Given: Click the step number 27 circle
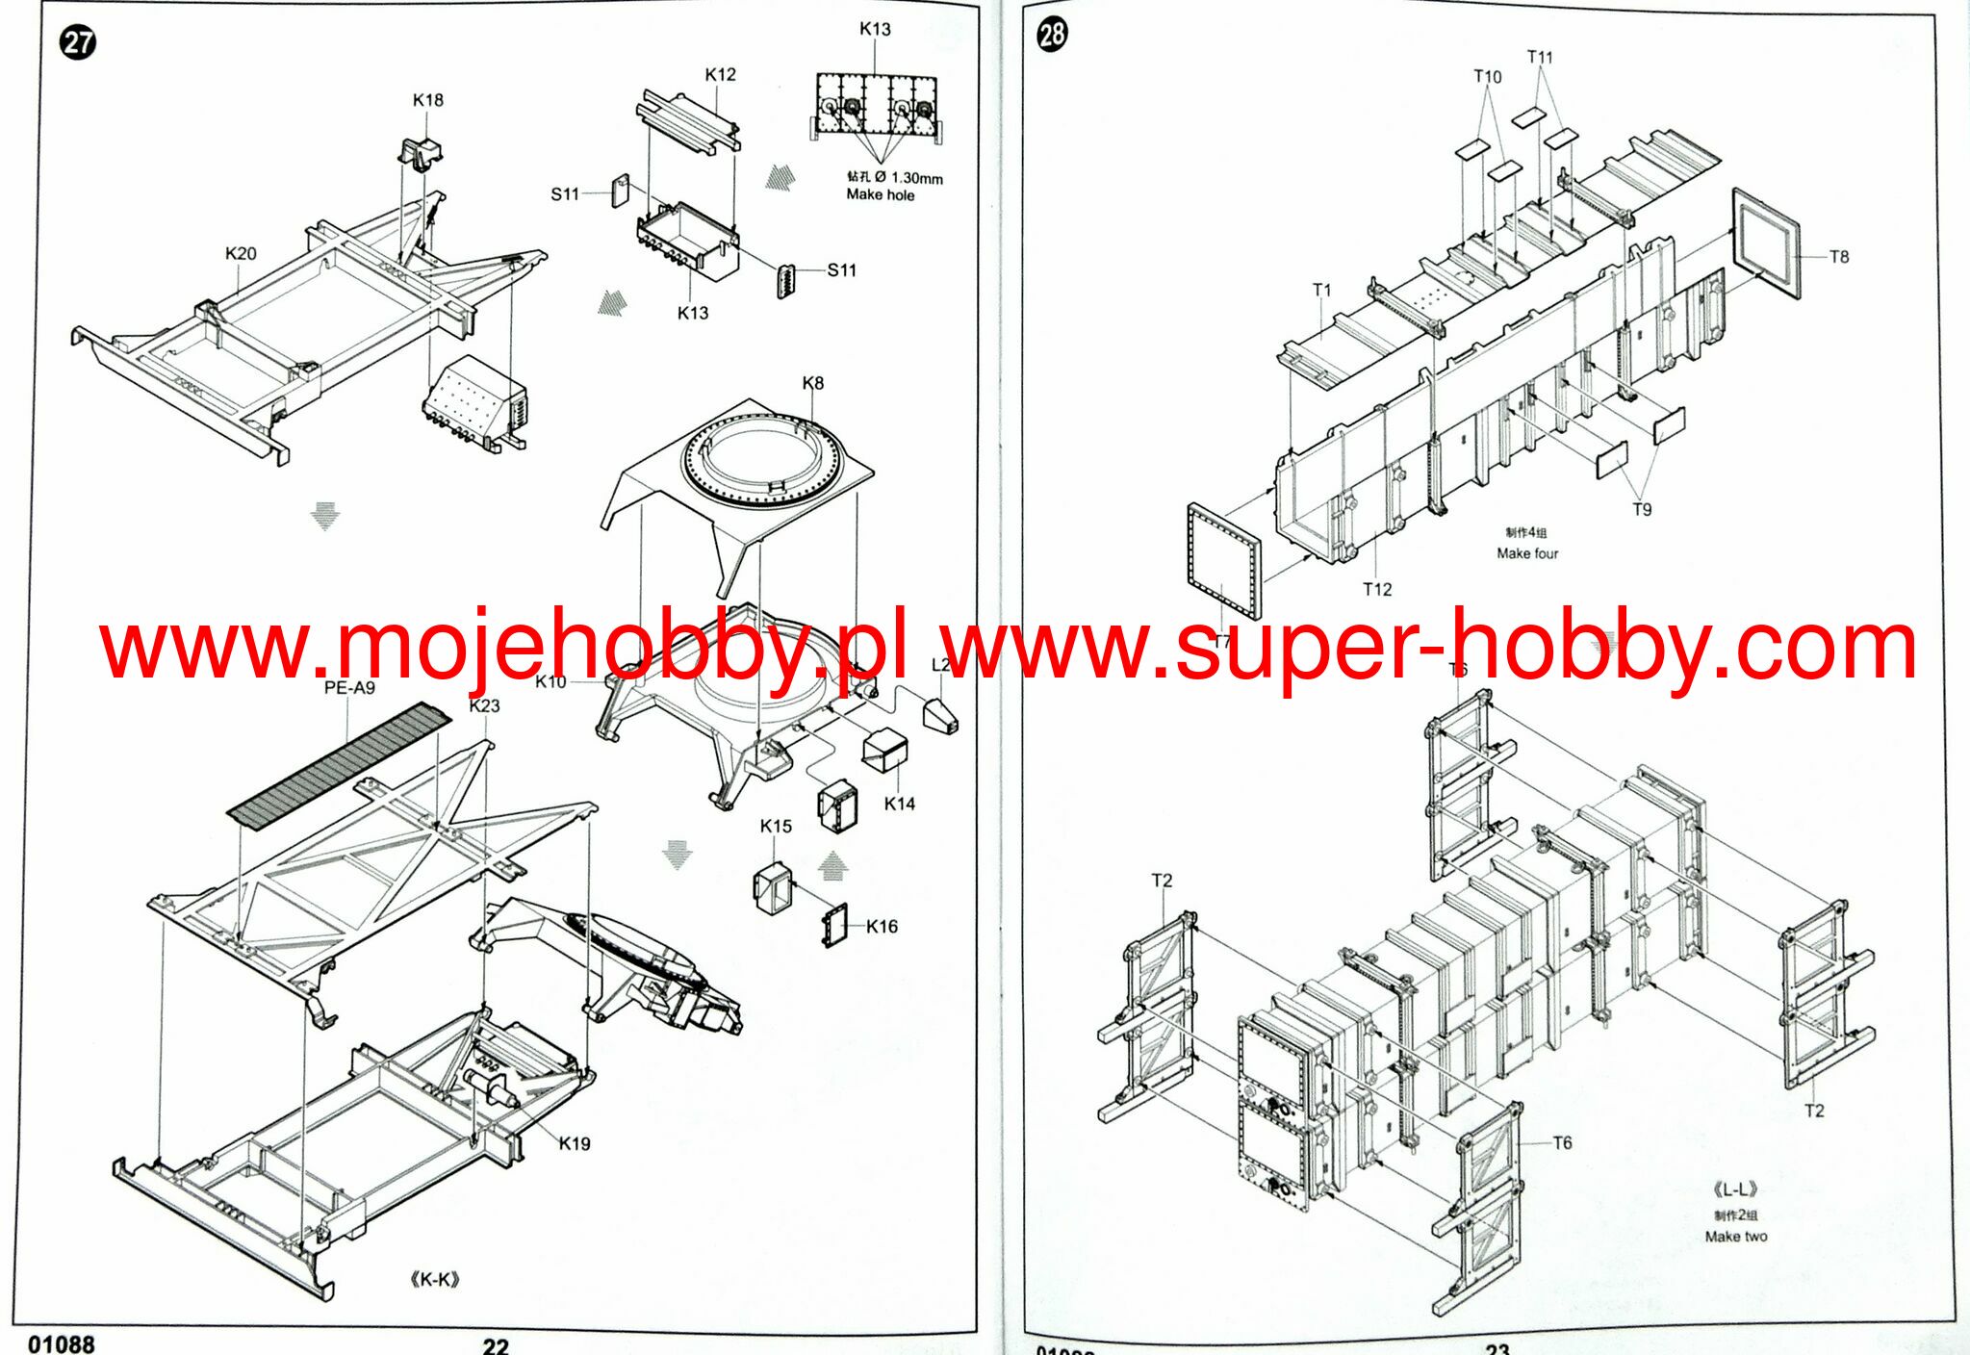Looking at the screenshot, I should [x=78, y=42].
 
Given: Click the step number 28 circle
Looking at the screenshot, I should [x=1051, y=35].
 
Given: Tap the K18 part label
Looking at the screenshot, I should [x=428, y=100].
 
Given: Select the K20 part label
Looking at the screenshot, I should [x=241, y=253].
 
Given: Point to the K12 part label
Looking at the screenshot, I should [x=720, y=74].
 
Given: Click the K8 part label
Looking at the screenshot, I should [x=813, y=383].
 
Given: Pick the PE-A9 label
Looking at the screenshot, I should [x=349, y=687].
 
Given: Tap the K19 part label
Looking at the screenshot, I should [x=575, y=1143].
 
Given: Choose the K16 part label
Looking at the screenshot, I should [x=882, y=926].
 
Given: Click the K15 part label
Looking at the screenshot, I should [x=776, y=826].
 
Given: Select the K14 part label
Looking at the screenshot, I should [x=900, y=804].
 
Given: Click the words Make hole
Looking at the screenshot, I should [x=880, y=194].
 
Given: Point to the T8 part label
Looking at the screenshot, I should [x=1839, y=257].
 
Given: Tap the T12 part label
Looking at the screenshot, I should [x=1377, y=589].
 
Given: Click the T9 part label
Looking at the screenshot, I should [x=1642, y=509].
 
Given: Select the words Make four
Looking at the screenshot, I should [x=1527, y=553].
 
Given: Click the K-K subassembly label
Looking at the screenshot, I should [x=435, y=1279].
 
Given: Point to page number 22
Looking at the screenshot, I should [x=496, y=1345].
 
